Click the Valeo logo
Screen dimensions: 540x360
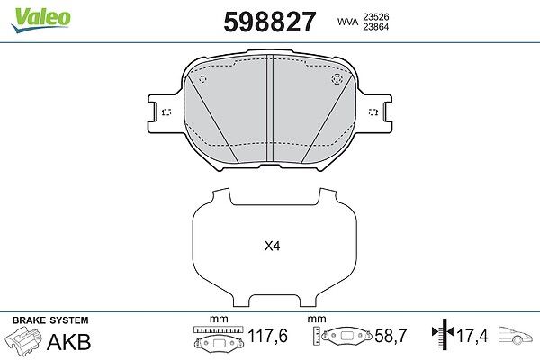(41, 20)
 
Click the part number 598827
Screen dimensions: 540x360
(270, 22)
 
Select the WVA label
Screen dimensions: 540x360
(347, 22)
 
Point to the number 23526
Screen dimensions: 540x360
(375, 16)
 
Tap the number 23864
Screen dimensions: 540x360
(375, 27)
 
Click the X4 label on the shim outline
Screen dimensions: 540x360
(272, 247)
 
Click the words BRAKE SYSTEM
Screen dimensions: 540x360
(50, 320)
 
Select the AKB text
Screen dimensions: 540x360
(69, 342)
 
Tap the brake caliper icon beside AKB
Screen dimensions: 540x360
(23, 339)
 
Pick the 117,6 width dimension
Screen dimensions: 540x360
(268, 336)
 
